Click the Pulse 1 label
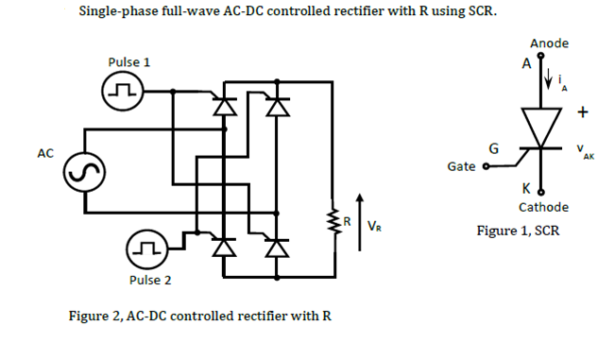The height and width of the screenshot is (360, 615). [129, 62]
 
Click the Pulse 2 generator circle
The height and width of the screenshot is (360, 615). [146, 250]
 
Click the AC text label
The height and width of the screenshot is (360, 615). [44, 153]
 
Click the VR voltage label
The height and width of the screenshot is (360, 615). [374, 226]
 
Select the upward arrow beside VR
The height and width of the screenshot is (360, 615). [359, 218]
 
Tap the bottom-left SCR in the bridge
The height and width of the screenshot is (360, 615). [224, 248]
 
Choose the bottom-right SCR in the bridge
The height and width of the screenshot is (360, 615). [277, 248]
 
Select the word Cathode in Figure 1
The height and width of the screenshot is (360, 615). [543, 207]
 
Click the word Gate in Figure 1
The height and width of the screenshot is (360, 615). [461, 166]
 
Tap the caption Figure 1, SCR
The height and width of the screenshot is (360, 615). [520, 231]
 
